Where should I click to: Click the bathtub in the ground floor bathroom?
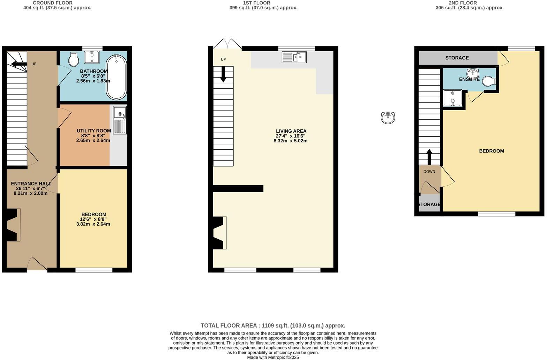click(x=117, y=77)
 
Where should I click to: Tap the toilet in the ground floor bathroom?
click(x=74, y=60)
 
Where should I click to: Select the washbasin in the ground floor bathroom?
click(x=92, y=57)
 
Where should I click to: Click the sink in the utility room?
click(x=120, y=120)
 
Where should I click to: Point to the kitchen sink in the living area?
click(x=294, y=57)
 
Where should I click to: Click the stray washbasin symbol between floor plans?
click(x=388, y=118)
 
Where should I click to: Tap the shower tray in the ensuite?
click(x=452, y=98)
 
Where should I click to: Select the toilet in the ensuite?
click(x=489, y=81)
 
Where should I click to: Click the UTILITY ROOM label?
click(x=94, y=131)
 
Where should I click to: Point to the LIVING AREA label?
click(x=291, y=131)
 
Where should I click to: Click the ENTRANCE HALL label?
click(x=31, y=184)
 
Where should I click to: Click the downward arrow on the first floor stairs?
click(x=223, y=74)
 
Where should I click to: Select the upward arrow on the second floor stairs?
click(x=429, y=157)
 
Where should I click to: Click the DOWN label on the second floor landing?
click(x=429, y=172)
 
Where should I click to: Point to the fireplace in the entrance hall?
click(x=13, y=225)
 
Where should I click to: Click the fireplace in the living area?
click(x=219, y=233)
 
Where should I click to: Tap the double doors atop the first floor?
click(x=227, y=44)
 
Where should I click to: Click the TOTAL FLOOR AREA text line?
click(x=273, y=325)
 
